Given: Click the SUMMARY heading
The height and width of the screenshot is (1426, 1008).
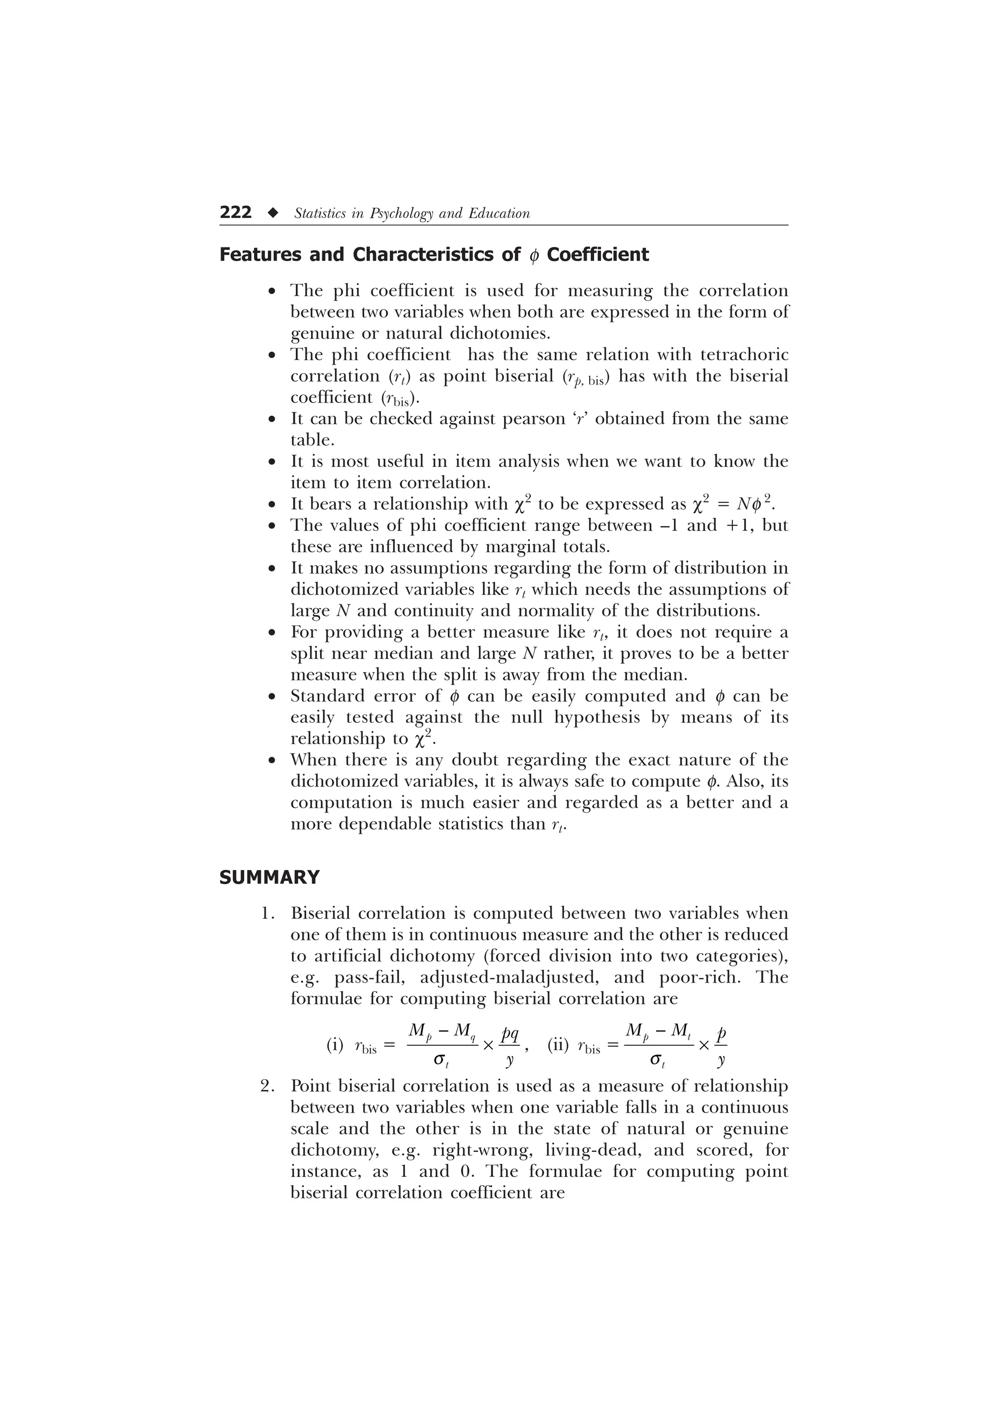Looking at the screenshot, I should pos(270,877).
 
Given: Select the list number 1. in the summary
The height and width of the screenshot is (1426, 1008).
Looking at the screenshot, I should pos(267,914).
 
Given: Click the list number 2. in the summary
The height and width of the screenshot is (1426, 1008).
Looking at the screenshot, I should pos(267,1086).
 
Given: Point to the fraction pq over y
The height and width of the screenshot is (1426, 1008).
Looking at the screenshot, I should pos(510,1046).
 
